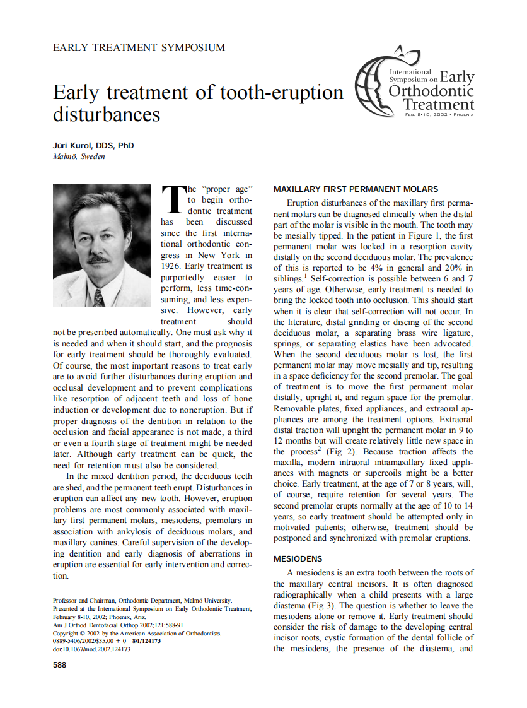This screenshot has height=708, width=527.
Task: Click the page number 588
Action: [61, 664]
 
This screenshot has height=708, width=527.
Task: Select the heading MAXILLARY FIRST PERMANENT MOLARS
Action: [356, 189]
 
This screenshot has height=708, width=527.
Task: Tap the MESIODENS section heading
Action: [298, 558]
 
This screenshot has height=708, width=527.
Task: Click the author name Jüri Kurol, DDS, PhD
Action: [93, 145]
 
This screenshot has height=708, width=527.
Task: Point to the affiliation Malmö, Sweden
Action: [79, 156]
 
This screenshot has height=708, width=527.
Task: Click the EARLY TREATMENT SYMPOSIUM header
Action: [139, 47]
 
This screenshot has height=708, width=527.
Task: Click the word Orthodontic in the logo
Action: [431, 91]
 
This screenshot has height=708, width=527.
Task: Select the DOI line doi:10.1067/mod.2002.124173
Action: [92, 649]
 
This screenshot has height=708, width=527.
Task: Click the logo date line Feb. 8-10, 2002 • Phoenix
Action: [439, 115]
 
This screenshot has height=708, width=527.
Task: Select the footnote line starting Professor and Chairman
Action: [142, 600]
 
